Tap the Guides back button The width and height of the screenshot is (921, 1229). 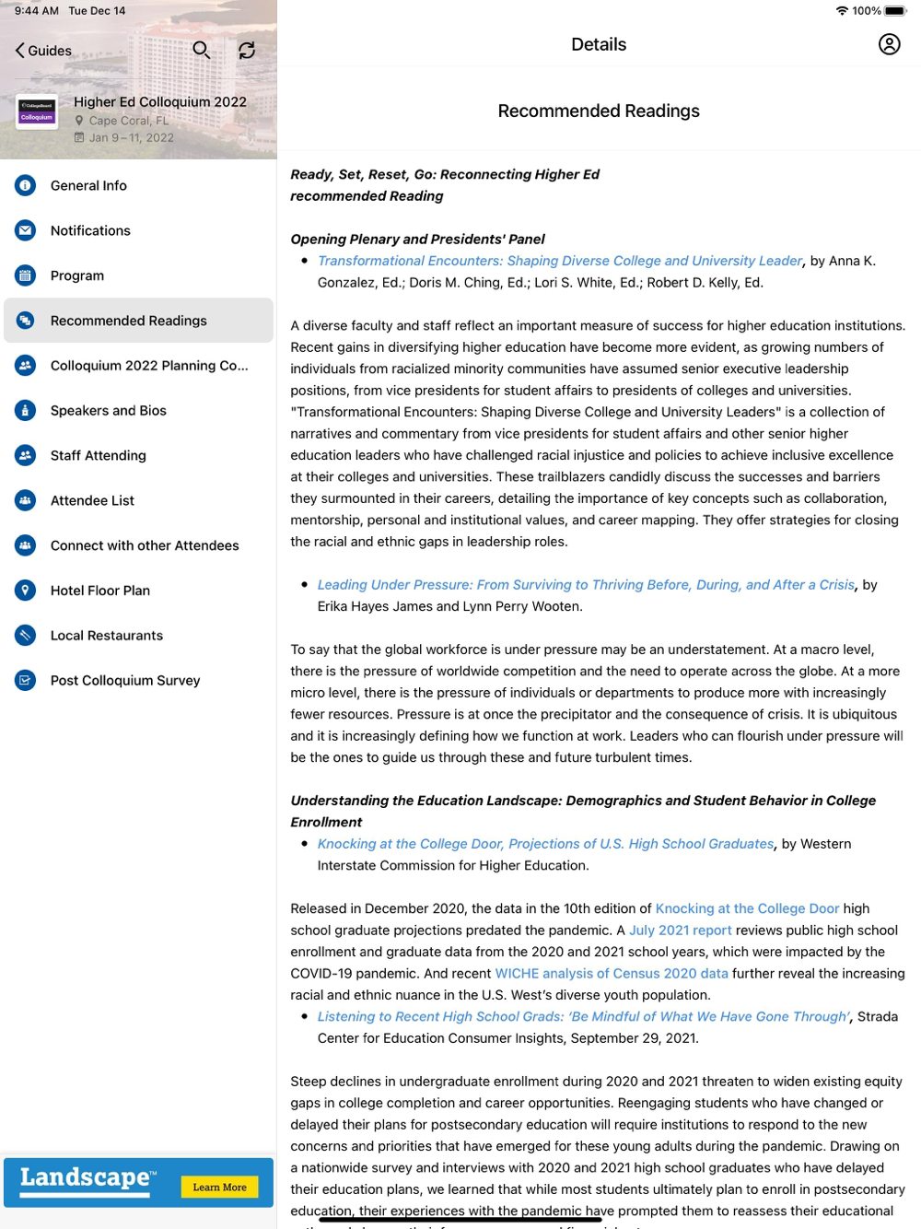[x=43, y=51]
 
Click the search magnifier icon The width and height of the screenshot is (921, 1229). [x=201, y=50]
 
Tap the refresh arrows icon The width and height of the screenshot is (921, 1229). [x=247, y=50]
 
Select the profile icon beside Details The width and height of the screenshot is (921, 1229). [x=889, y=44]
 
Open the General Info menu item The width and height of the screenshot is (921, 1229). [x=88, y=185]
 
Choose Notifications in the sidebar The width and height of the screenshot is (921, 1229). [x=90, y=230]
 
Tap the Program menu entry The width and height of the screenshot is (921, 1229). [x=77, y=275]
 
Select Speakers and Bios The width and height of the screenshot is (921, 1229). [x=109, y=410]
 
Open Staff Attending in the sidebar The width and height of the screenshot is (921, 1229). [x=98, y=455]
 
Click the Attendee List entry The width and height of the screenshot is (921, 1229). [x=92, y=500]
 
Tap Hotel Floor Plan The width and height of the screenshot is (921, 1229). [x=100, y=591]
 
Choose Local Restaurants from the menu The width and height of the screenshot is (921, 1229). [x=107, y=636]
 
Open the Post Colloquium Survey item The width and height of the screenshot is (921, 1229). [x=125, y=681]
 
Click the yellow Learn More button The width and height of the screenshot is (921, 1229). [x=219, y=1188]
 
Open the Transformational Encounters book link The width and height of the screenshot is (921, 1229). [x=560, y=261]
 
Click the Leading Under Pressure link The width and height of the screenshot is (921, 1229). [x=586, y=585]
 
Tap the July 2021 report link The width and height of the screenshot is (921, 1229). [x=680, y=931]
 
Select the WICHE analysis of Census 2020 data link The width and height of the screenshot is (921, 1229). [x=612, y=974]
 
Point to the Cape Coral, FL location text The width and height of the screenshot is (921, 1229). [x=129, y=121]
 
